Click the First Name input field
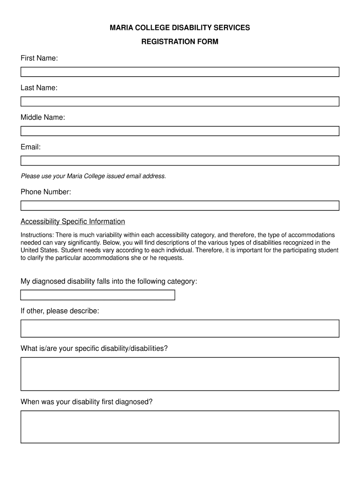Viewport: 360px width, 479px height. [180, 72]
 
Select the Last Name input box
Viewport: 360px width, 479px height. [180, 102]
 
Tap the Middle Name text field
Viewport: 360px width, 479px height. [180, 131]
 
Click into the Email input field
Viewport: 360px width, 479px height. [180, 160]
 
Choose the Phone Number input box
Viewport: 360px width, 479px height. [180, 205]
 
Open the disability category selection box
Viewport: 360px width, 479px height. [97, 295]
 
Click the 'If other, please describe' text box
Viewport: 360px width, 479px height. [180, 328]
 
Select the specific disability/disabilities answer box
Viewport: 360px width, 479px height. [180, 374]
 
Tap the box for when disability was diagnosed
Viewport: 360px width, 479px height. [180, 427]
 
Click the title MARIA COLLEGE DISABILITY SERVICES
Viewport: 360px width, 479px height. [180, 28]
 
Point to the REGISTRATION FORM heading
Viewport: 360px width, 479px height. [180, 42]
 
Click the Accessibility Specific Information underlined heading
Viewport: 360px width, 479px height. [72, 221]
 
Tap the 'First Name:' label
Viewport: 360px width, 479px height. [39, 58]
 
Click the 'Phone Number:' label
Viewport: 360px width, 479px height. [45, 192]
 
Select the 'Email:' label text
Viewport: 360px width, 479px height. [30, 147]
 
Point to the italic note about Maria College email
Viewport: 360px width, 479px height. [93, 176]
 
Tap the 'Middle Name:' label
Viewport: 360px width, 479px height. [43, 117]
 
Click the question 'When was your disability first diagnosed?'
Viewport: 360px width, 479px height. [86, 402]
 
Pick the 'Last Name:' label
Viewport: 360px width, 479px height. [39, 87]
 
